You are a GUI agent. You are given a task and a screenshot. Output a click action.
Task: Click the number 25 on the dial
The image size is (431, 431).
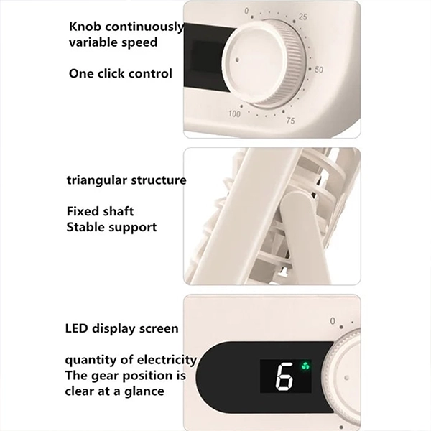[302, 17]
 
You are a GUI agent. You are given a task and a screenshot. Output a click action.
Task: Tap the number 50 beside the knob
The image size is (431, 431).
[318, 70]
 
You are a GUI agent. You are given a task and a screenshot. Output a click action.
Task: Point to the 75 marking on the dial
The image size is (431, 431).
[290, 121]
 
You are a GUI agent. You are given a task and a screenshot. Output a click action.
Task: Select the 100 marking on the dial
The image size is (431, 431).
[234, 113]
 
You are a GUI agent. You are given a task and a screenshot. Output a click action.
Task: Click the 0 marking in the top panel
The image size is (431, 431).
[246, 11]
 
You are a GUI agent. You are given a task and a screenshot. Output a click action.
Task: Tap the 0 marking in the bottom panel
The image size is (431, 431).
[333, 321]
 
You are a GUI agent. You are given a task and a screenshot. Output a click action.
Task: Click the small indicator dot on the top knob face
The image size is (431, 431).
[237, 60]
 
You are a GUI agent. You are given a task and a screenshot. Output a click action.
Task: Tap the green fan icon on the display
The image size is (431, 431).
[305, 366]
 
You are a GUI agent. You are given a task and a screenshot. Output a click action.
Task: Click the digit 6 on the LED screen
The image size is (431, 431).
[284, 376]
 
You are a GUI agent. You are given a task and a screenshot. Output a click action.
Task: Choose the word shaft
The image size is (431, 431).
[120, 211]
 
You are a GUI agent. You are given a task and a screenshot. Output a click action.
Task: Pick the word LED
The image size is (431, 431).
[77, 328]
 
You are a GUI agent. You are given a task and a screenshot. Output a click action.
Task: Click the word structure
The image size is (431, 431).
[159, 180]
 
